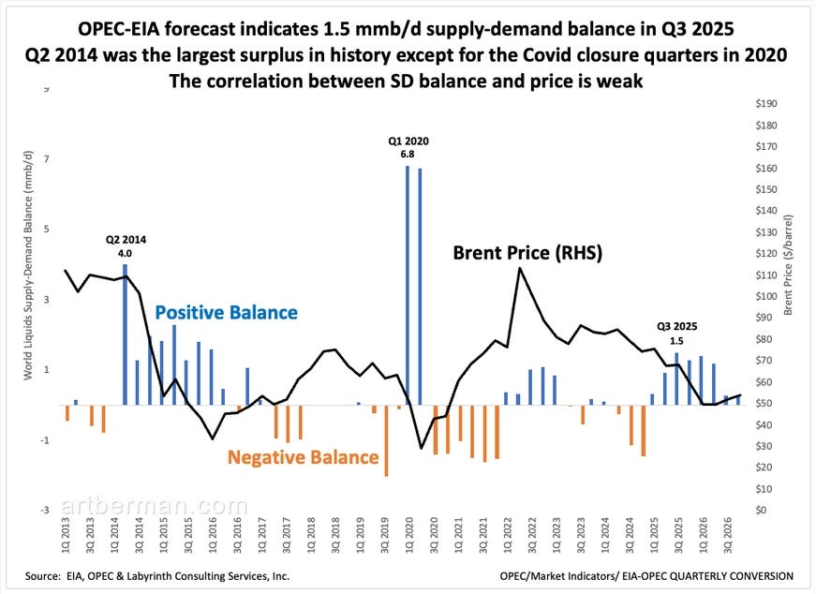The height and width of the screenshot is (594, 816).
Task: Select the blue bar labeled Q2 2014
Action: pyautogui.click(x=126, y=333)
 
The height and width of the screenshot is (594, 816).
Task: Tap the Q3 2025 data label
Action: pyautogui.click(x=676, y=334)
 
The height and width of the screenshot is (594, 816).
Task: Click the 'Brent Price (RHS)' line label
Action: pyautogui.click(x=527, y=253)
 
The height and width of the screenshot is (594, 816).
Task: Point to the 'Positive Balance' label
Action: pyautogui.click(x=226, y=312)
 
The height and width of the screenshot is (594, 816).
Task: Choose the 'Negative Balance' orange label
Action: pyautogui.click(x=304, y=457)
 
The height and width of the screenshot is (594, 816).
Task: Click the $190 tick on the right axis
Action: pyautogui.click(x=766, y=104)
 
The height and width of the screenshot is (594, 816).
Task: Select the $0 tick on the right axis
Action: pyautogui.click(x=761, y=511)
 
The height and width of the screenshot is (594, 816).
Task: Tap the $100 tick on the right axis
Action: pyautogui.click(x=766, y=297)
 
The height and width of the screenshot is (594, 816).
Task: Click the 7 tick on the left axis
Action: pyautogui.click(x=47, y=159)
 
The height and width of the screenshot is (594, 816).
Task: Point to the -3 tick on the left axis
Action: pyautogui.click(x=45, y=511)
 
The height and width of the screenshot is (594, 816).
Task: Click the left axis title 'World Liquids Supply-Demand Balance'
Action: pyautogui.click(x=32, y=300)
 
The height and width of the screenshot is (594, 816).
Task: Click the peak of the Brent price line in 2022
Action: pyautogui.click(x=520, y=268)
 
